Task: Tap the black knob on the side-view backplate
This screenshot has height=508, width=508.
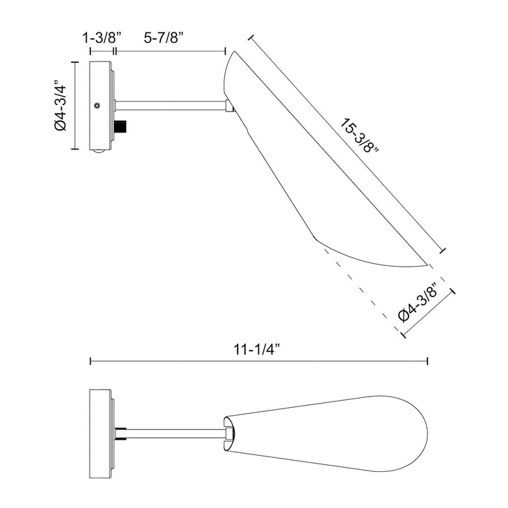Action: [x=123, y=128]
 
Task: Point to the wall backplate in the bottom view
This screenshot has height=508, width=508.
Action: [x=99, y=429]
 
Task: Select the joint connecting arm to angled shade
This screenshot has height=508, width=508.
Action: [x=229, y=107]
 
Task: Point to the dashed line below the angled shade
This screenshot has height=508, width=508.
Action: [x=360, y=289]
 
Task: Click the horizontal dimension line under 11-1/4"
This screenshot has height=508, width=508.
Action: [x=258, y=361]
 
